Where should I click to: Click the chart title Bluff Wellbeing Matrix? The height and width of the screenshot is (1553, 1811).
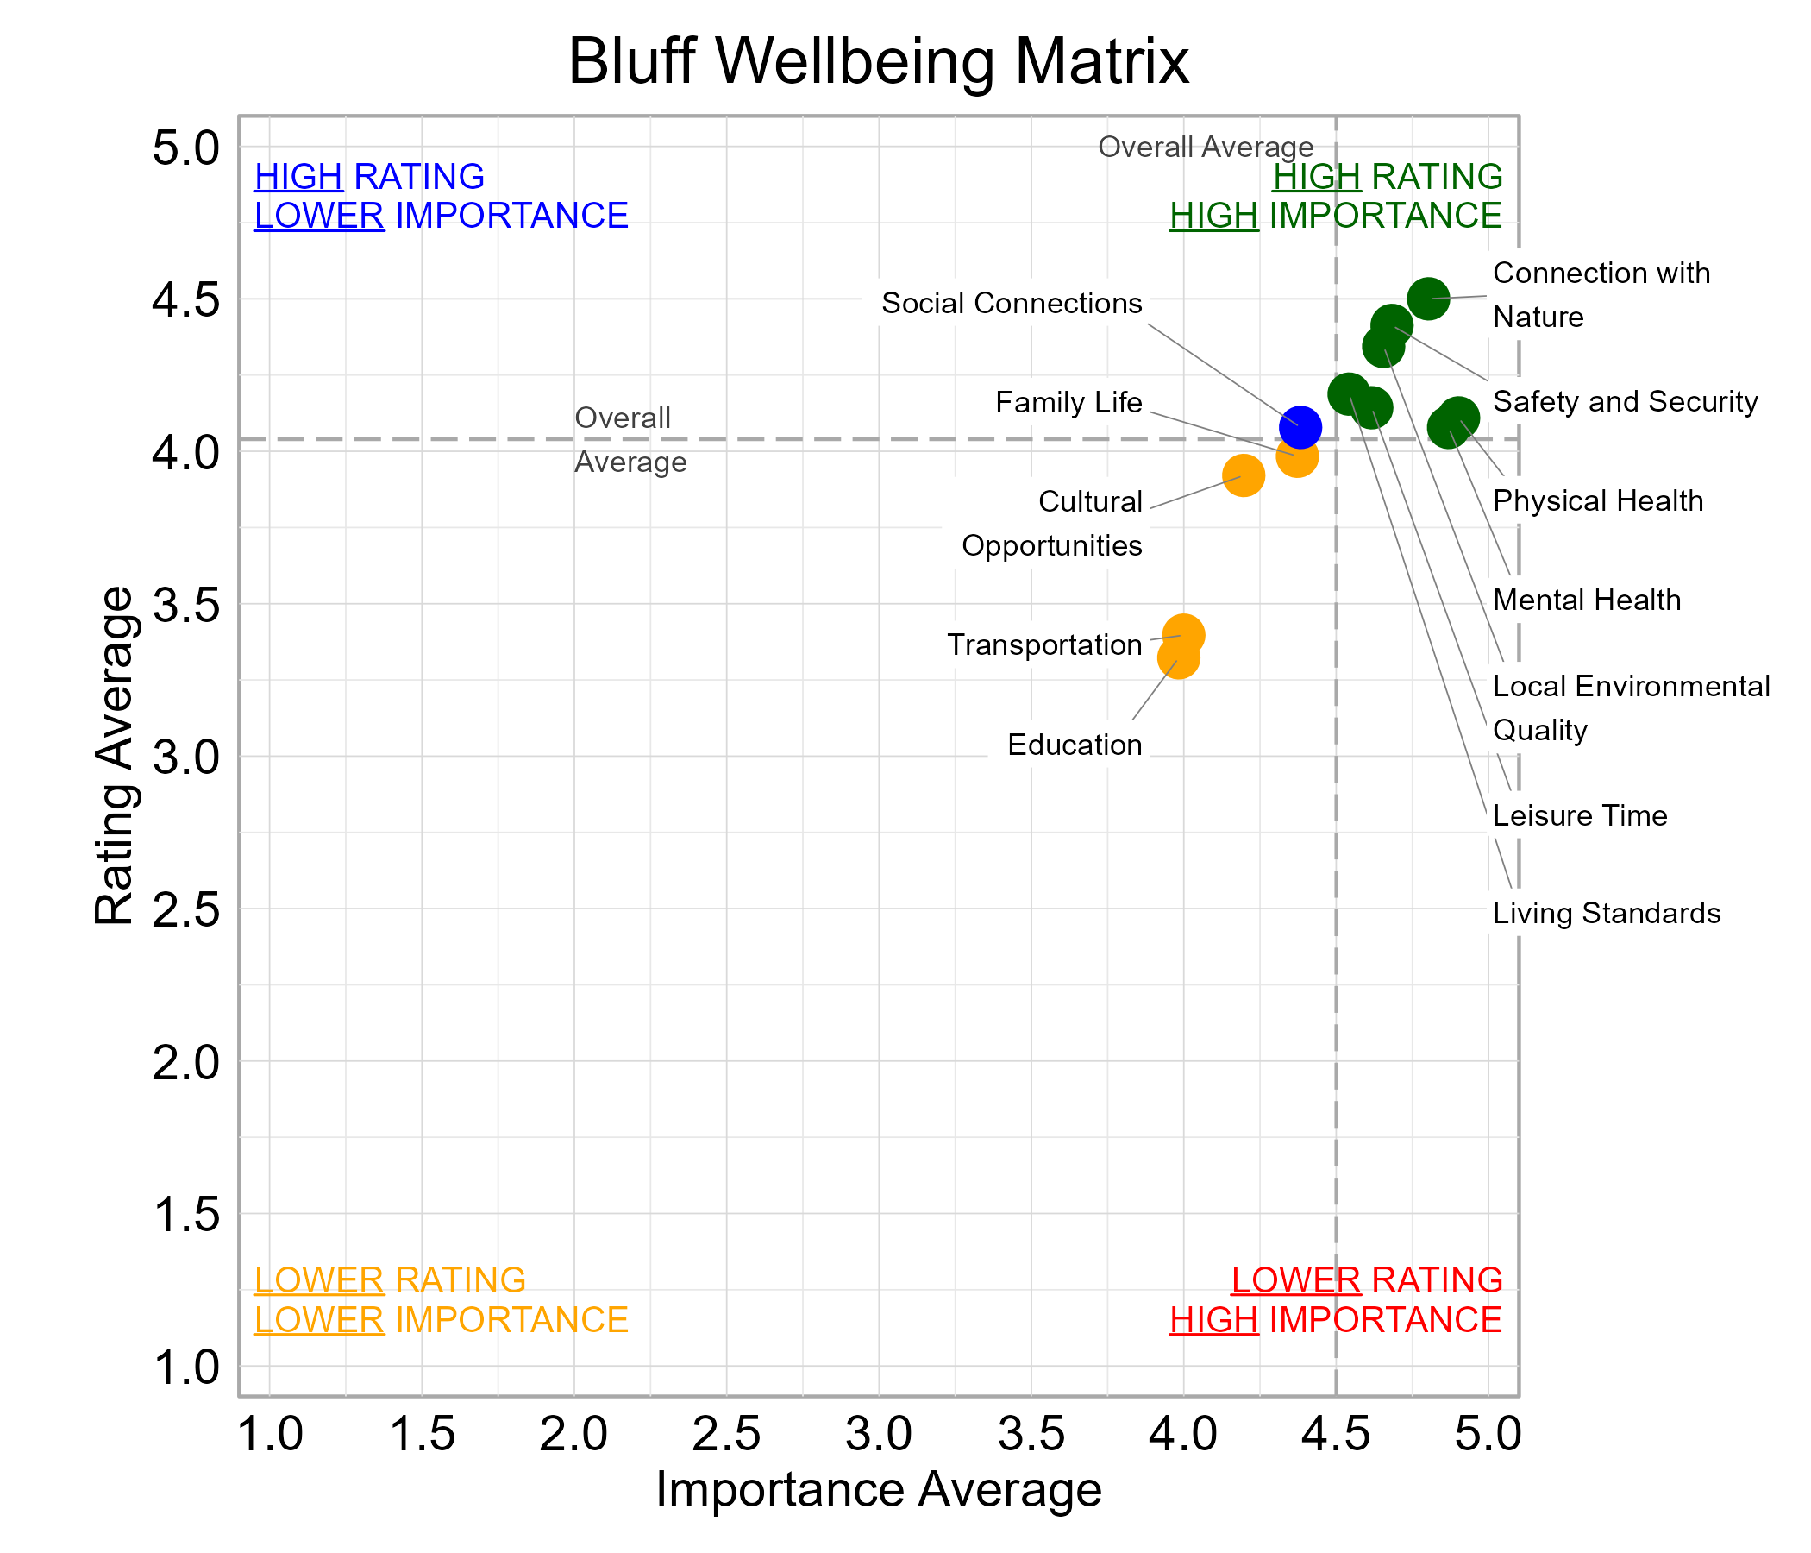point(878,61)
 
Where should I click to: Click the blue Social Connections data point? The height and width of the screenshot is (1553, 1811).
point(1300,427)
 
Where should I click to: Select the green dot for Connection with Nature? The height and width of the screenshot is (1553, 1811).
point(1428,299)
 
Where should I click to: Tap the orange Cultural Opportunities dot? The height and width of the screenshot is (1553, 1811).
point(1243,475)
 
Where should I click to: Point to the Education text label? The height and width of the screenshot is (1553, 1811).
point(1075,745)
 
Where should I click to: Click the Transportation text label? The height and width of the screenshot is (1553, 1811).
point(1044,644)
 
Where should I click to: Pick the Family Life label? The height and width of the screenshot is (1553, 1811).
point(1068,402)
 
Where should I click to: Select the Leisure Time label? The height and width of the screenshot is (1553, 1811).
point(1579,816)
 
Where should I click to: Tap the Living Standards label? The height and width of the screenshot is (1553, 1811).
point(1606,913)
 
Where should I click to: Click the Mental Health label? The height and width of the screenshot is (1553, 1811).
point(1587,600)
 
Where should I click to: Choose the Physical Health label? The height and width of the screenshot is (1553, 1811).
point(1598,501)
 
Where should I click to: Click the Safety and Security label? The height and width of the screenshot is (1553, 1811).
point(1625,401)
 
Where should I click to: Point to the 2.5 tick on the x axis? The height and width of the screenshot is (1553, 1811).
point(725,1435)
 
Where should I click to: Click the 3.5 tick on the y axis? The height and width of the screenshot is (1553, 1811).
point(186,604)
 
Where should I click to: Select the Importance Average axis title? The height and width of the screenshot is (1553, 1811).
point(878,1490)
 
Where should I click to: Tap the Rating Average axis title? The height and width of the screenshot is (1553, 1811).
point(115,756)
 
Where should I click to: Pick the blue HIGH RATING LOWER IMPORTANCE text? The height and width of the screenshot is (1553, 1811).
point(441,196)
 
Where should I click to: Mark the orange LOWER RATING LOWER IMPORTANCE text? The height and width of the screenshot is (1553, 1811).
point(441,1299)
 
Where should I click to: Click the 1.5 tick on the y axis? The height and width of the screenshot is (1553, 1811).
point(186,1215)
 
